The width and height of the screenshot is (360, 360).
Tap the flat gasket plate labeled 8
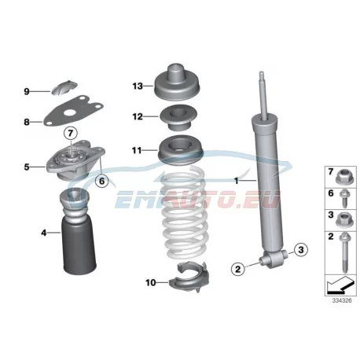[73, 111]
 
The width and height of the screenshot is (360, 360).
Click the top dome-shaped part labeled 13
[176, 84]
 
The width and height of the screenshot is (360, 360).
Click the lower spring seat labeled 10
[189, 277]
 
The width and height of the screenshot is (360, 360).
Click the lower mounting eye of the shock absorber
[273, 259]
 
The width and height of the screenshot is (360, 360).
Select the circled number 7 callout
[70, 134]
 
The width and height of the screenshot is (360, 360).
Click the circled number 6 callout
[101, 181]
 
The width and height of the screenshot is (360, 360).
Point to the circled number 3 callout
[301, 250]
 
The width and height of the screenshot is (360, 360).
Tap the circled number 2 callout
[238, 269]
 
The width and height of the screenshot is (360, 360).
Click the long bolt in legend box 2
[344, 252]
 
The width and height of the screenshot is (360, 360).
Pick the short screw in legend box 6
[344, 198]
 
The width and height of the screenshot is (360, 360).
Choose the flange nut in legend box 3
[345, 220]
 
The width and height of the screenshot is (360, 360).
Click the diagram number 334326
[342, 300]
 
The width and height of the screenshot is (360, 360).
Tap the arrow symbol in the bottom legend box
[340, 285]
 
